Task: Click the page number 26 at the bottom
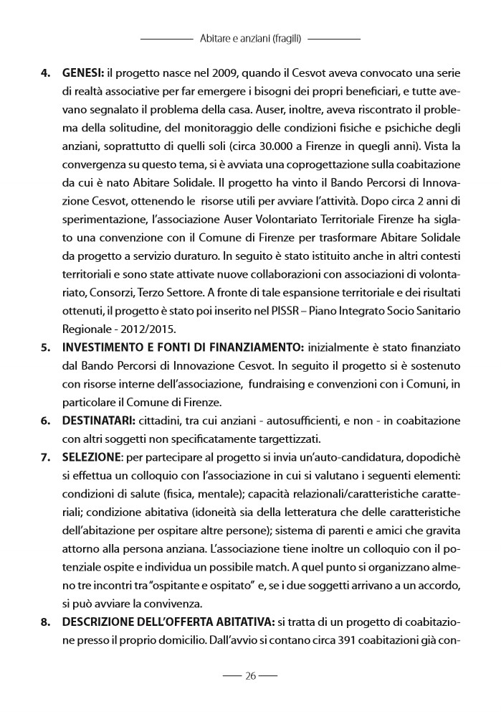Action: (250, 675)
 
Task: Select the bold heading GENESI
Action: (82, 73)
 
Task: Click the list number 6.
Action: (44, 421)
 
